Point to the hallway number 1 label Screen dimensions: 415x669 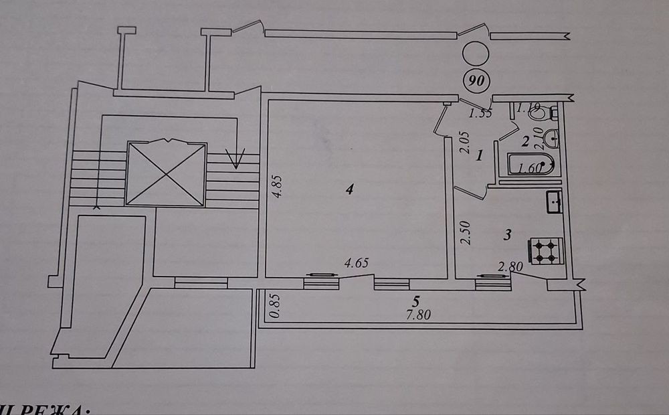[480, 157]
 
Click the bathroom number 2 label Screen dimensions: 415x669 [526, 141]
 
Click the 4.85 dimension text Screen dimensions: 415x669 [278, 187]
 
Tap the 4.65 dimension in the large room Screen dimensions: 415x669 [356, 264]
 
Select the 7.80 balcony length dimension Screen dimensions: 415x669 [418, 315]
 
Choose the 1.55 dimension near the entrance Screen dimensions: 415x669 [480, 114]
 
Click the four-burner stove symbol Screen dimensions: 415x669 [547, 250]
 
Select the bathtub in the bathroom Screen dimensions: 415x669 [529, 165]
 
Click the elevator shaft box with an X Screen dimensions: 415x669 [165, 173]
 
